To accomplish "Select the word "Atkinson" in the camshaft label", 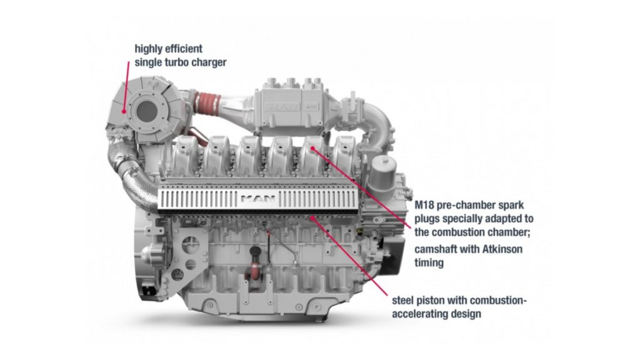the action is coord(502,249).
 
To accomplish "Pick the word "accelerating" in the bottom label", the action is coord(420,314).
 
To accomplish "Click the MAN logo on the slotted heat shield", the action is coord(258,199).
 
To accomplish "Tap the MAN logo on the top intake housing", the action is coord(282,107).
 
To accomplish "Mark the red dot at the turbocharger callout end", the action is coord(124,111).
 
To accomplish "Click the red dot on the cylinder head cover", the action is coord(312,149).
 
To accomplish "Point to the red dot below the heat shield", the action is coord(312,218).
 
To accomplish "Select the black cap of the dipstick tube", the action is coord(256,250).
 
